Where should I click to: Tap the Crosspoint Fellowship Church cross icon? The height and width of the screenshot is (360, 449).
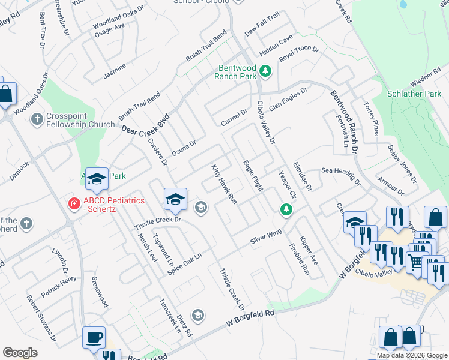37,119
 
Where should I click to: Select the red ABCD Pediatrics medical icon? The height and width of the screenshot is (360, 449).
74,204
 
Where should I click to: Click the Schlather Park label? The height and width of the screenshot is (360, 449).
414,94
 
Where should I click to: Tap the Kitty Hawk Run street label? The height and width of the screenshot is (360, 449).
224,184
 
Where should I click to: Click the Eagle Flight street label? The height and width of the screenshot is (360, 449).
253,176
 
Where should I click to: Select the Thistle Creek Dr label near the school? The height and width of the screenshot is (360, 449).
157,220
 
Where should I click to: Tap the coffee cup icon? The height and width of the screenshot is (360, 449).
93,337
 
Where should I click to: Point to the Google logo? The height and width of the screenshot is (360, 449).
20,353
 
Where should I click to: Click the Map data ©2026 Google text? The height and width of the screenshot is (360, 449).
412,355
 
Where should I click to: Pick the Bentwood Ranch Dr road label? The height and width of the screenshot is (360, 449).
345,124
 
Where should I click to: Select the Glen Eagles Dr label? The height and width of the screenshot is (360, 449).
288,98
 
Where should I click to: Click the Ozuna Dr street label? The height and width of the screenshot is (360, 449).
184,148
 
